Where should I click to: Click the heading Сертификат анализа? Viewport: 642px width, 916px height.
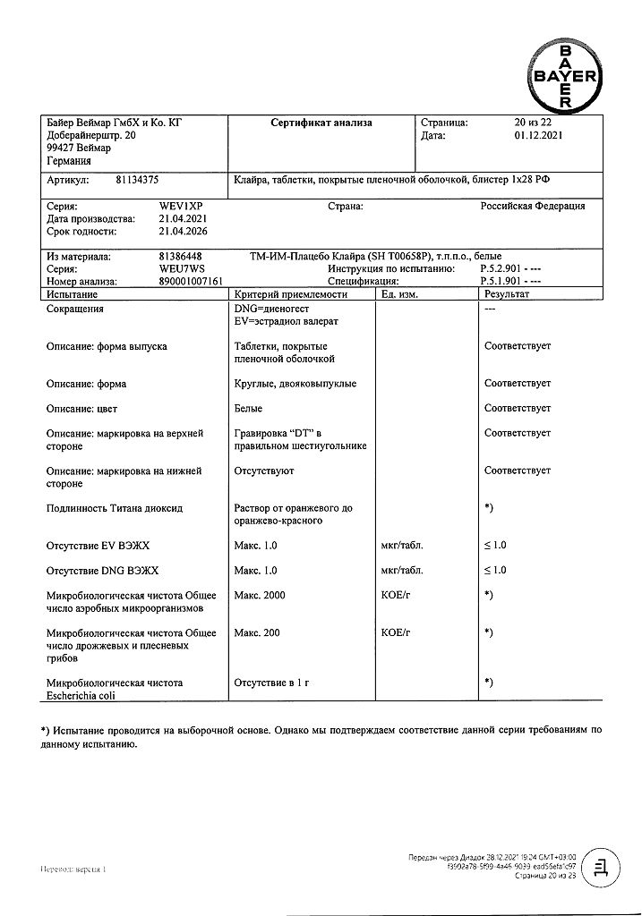pyautogui.click(x=321, y=123)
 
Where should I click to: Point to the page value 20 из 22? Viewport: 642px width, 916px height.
pyautogui.click(x=535, y=123)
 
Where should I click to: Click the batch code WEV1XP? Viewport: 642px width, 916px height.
pyautogui.click(x=181, y=206)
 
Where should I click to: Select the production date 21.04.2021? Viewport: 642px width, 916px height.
pyautogui.click(x=183, y=219)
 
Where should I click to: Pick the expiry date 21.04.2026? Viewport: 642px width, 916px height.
pyautogui.click(x=183, y=232)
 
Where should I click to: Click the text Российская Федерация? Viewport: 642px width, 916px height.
pyautogui.click(x=533, y=206)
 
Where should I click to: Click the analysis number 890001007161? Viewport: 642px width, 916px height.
pyautogui.click(x=193, y=281)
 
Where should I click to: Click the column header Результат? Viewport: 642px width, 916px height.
pyautogui.click(x=507, y=294)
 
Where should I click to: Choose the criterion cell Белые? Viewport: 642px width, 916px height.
pyautogui.click(x=248, y=408)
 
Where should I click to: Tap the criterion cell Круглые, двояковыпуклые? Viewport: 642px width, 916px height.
pyautogui.click(x=295, y=384)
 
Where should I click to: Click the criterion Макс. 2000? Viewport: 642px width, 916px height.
pyautogui.click(x=260, y=595)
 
